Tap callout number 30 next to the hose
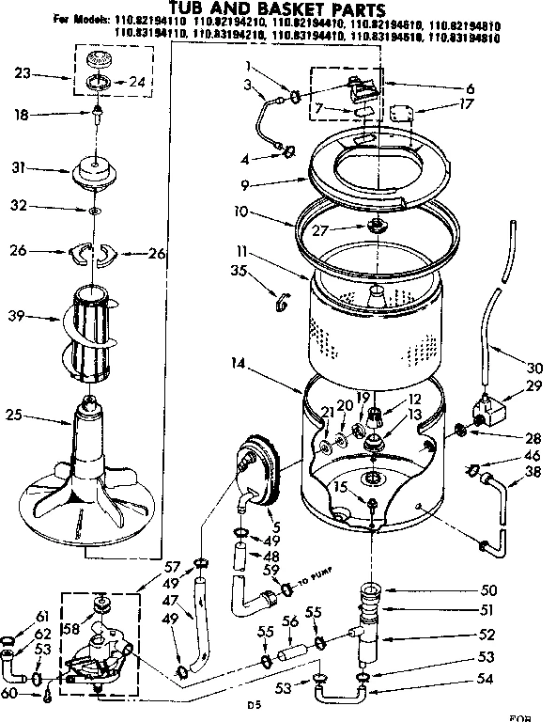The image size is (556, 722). click(535, 368)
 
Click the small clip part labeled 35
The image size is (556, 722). click(280, 301)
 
